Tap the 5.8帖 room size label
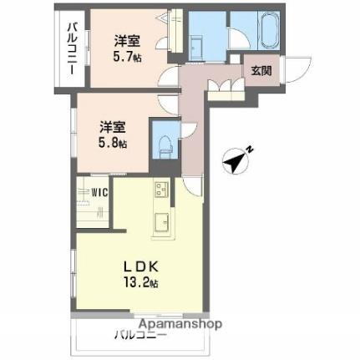(x=111, y=143)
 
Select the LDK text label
(x=141, y=266)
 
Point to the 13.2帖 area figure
(x=141, y=282)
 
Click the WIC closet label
(x=99, y=191)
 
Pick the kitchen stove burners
(x=160, y=191)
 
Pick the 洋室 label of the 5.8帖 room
(x=111, y=127)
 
